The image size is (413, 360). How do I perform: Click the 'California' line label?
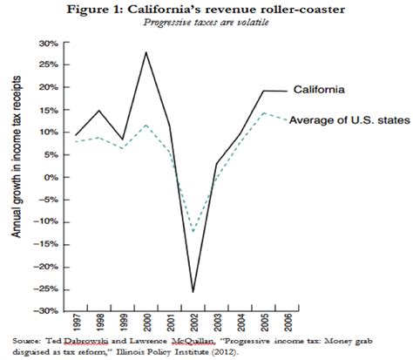[x=323, y=89]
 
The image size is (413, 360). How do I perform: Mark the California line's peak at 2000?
[x=146, y=52]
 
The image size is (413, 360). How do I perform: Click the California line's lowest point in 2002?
[x=193, y=292]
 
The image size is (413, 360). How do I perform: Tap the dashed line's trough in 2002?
[x=193, y=232]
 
